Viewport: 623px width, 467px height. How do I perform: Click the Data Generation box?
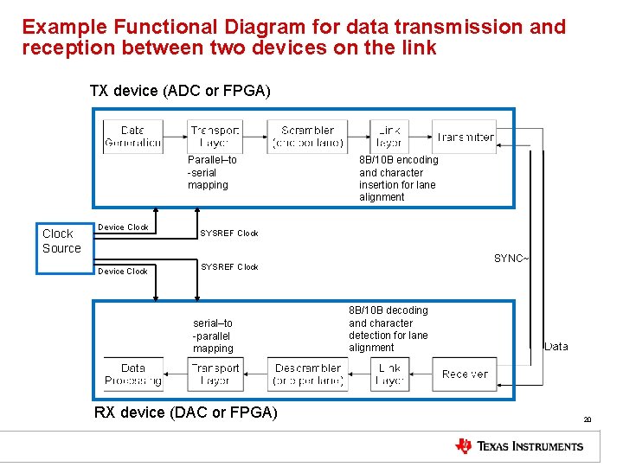pos(132,137)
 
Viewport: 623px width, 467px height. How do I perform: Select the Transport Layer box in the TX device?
pos(215,137)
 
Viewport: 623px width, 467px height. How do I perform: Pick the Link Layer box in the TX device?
pos(389,137)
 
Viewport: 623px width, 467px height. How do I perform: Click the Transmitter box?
pos(465,137)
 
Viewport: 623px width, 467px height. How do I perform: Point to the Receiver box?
pos(465,374)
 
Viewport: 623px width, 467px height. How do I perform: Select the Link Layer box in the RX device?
pos(389,374)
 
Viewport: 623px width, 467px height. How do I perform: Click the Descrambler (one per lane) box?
pos(307,374)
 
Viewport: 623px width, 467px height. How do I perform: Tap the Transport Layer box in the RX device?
pos(215,374)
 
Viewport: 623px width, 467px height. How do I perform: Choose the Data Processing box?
pos(132,374)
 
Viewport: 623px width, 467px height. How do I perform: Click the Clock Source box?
pos(62,240)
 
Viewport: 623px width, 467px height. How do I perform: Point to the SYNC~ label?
pos(511,258)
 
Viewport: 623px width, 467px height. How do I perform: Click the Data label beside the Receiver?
pos(556,346)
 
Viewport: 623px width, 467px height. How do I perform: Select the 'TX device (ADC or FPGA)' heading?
pos(180,91)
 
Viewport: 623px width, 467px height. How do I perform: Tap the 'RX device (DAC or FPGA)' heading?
pos(185,413)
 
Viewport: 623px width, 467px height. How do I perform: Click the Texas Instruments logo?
pos(519,446)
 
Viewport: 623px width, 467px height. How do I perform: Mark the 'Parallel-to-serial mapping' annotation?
pos(212,172)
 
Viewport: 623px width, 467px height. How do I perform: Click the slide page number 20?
pos(587,419)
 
